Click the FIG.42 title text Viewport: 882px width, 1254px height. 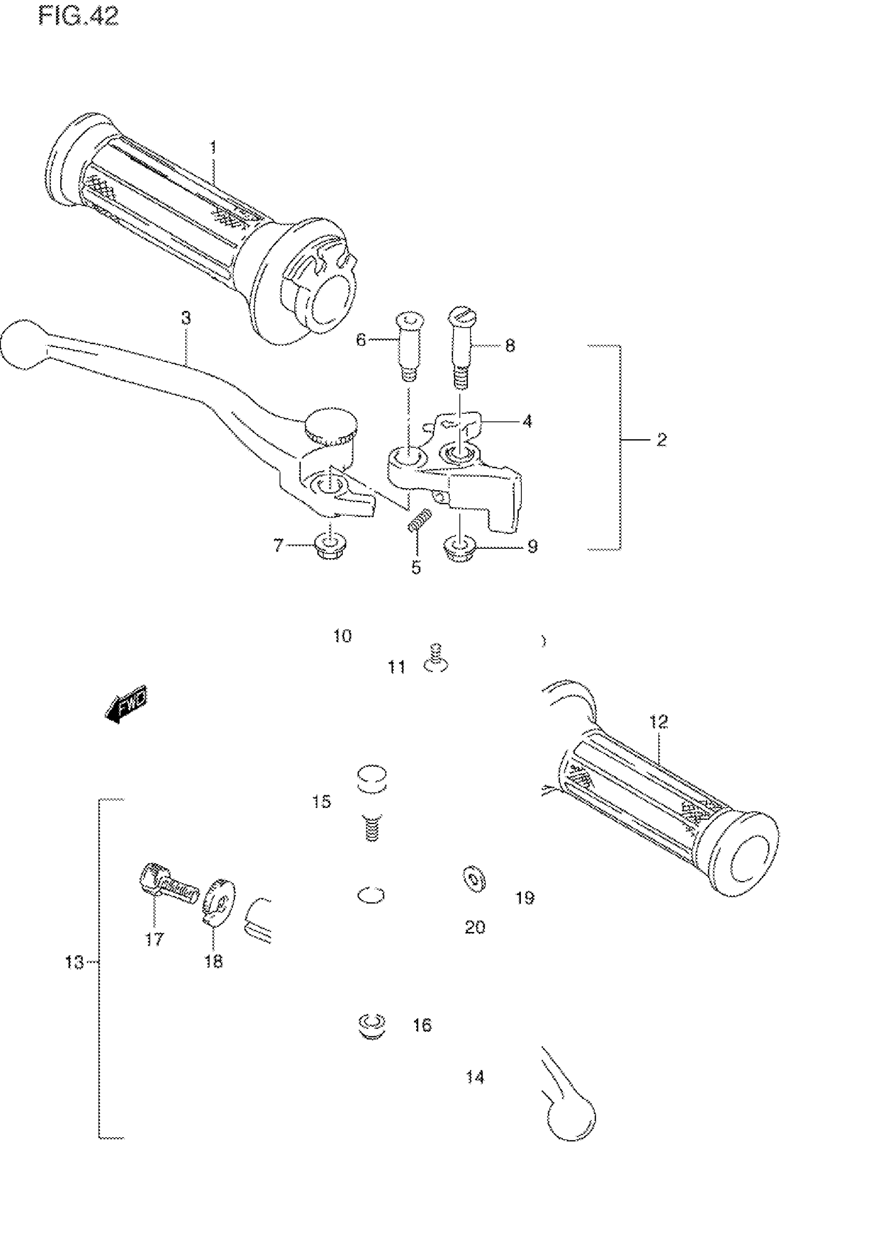pyautogui.click(x=78, y=17)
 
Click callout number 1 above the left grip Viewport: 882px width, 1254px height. pyautogui.click(x=213, y=147)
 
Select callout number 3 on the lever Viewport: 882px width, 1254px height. pyautogui.click(x=186, y=318)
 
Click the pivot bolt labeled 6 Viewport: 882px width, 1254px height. pyautogui.click(x=409, y=345)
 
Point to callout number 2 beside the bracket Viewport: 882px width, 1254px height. pyautogui.click(x=661, y=440)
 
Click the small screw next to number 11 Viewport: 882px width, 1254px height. pyautogui.click(x=435, y=658)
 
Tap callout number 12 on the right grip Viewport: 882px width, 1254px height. pyautogui.click(x=659, y=722)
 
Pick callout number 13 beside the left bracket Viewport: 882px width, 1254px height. pyautogui.click(x=74, y=962)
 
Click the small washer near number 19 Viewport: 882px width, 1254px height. pyautogui.click(x=473, y=880)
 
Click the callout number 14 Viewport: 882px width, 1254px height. pyautogui.click(x=475, y=1077)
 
